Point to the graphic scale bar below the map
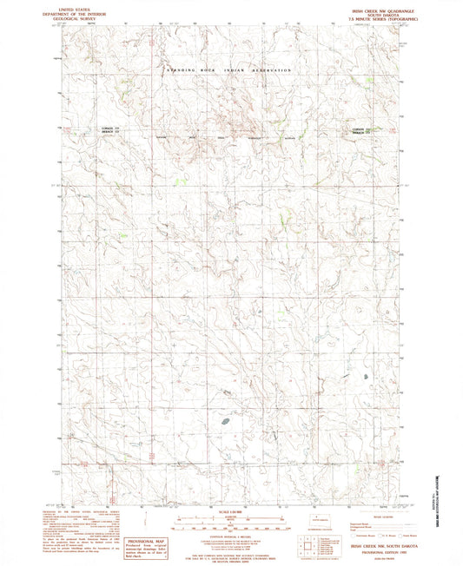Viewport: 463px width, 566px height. pyautogui.click(x=230, y=519)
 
